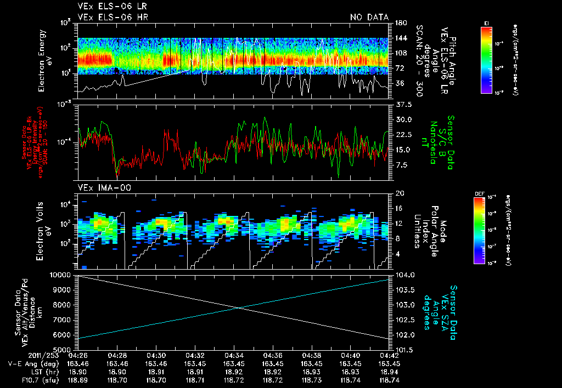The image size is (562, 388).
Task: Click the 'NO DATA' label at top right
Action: (x=369, y=18)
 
